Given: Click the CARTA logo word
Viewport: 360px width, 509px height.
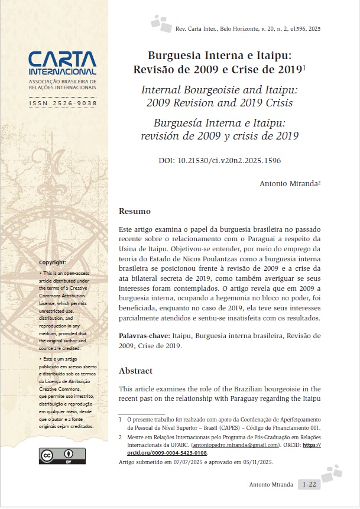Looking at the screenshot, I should (x=62, y=59).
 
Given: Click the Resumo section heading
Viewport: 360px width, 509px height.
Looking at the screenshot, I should (x=135, y=211).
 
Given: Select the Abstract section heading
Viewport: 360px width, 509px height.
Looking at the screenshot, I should (x=135, y=371).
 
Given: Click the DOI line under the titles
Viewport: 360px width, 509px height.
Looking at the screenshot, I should (x=219, y=160).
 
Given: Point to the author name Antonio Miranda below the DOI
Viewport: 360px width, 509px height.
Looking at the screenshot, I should (x=288, y=184).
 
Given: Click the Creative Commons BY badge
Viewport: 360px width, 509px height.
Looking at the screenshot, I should (x=62, y=456).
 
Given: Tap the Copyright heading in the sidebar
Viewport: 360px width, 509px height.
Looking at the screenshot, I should (x=53, y=262).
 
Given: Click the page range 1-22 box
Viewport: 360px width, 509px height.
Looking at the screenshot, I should (x=309, y=484).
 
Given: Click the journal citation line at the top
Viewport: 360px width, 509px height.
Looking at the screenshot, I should (x=248, y=28).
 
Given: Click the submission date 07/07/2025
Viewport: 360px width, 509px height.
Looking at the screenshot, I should (x=186, y=462).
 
